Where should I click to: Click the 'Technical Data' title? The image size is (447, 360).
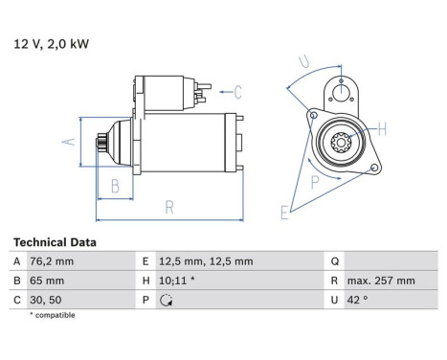55,243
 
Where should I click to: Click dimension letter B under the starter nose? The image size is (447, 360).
114,186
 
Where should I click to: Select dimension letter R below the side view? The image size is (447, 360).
168,205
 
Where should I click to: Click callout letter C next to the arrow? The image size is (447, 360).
238,92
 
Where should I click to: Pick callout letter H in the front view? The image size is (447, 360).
381,128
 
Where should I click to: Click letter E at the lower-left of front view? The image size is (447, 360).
284,213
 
